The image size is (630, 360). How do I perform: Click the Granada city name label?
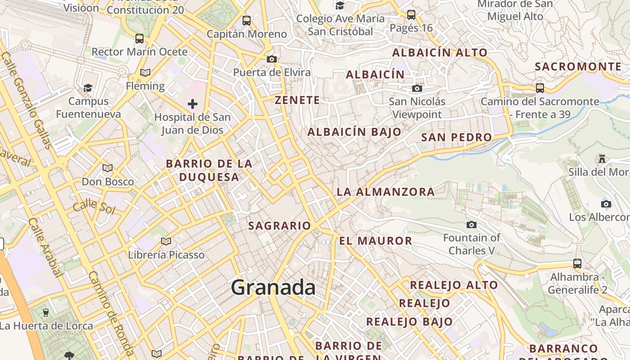pyautogui.click(x=273, y=288)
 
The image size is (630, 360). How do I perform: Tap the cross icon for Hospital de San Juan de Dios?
pyautogui.click(x=193, y=104)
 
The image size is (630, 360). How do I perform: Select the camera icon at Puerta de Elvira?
pyautogui.click(x=271, y=59)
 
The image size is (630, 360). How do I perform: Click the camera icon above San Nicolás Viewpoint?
pyautogui.click(x=417, y=88)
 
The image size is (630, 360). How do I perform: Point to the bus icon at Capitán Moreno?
pyautogui.click(x=246, y=21)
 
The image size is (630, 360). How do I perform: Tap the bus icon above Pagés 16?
pyautogui.click(x=411, y=15)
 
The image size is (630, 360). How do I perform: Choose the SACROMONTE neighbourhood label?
pyautogui.click(x=578, y=67)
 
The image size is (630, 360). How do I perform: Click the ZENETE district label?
pyautogui.click(x=297, y=100)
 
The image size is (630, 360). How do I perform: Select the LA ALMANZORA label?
pyautogui.click(x=386, y=192)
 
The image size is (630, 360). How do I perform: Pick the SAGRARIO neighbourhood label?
pyautogui.click(x=279, y=226)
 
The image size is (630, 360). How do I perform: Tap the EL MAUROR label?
pyautogui.click(x=376, y=241)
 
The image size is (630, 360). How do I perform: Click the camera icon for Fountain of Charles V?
pyautogui.click(x=471, y=225)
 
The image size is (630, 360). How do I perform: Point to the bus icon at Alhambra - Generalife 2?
pyautogui.click(x=577, y=264)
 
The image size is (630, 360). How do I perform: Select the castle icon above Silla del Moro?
pyautogui.click(x=602, y=158)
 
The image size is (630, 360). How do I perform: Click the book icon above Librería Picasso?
pyautogui.click(x=166, y=242)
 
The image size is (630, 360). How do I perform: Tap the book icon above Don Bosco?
pyautogui.click(x=107, y=168)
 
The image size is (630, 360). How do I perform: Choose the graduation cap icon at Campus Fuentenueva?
pyautogui.click(x=88, y=88)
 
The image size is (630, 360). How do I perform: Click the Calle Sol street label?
pyautogui.click(x=94, y=207)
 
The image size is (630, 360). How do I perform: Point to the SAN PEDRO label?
pyautogui.click(x=456, y=137)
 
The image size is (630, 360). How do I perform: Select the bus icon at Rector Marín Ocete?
pyautogui.click(x=139, y=39)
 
